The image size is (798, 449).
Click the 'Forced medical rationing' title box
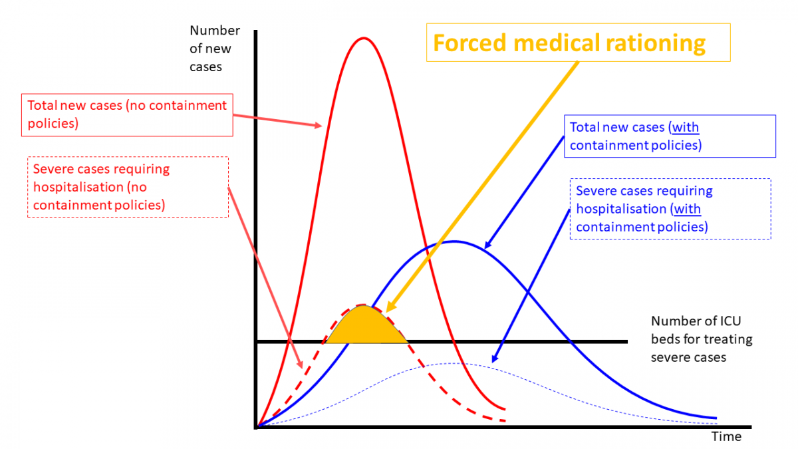578,43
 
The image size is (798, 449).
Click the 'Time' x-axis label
726,437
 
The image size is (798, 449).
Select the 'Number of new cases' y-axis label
214,49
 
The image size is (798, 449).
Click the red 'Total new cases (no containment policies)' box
127,114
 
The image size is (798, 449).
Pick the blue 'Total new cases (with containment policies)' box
670,136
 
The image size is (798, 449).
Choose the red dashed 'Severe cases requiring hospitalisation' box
127,187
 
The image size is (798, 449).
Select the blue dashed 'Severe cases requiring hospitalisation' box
670,209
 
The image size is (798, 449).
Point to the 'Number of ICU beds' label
702,339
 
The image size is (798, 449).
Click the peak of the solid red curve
362,38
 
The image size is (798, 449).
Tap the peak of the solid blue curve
454,241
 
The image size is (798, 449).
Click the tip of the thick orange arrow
386,311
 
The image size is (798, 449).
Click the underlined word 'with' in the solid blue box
685,127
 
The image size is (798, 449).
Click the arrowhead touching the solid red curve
321,125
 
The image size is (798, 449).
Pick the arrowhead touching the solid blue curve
487,246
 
